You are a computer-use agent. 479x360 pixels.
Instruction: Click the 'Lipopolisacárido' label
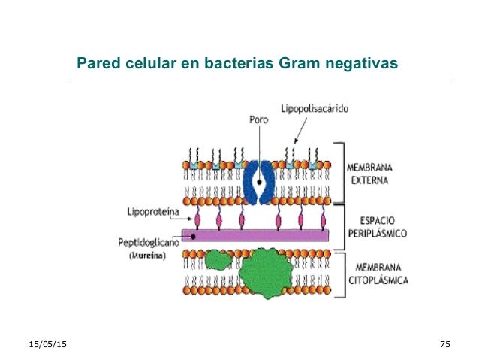coord(315,109)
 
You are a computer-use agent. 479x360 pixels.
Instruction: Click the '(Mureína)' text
coord(145,256)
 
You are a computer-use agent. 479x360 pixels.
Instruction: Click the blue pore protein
coord(260,182)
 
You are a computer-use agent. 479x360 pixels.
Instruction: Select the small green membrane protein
coord(218,260)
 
